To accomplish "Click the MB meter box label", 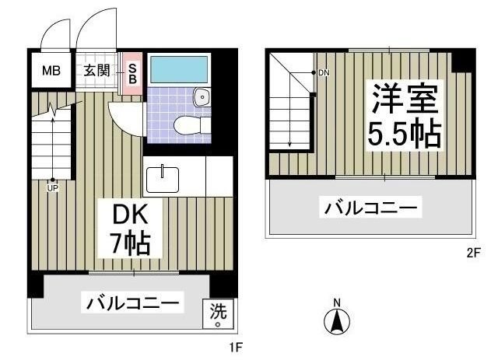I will (x=51, y=72).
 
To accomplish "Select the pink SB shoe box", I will (x=132, y=73).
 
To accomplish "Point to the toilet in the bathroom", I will (x=187, y=124).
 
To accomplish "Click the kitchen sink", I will (x=163, y=178).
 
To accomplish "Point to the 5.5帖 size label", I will (x=405, y=135).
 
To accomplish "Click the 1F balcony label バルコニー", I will (x=134, y=302).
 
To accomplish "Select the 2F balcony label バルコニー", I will (x=371, y=208).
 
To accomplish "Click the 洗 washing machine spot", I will (x=218, y=313).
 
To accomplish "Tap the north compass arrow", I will (x=337, y=320).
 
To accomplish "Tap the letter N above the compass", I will (x=337, y=302).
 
